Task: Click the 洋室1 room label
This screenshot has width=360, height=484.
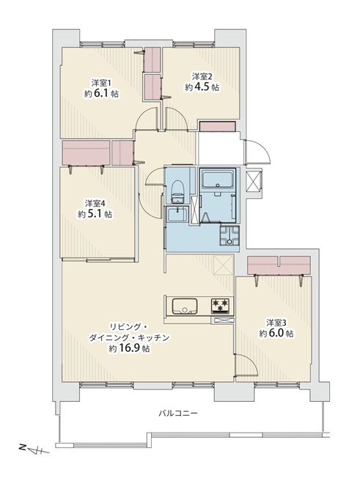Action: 101,83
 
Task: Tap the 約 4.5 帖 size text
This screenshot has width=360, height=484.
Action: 202,87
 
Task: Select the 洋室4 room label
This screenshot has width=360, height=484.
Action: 95,203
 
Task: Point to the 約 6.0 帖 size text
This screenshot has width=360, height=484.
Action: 276,334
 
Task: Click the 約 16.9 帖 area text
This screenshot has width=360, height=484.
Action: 129,348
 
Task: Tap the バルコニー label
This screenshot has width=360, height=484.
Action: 178,413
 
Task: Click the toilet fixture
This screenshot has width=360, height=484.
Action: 177,191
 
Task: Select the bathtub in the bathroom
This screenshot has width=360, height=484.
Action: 218,178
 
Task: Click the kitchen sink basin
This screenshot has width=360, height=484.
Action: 185,306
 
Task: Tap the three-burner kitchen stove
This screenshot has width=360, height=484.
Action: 221,306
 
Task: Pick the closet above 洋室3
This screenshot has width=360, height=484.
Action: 279,265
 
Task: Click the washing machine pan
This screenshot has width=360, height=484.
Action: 229,235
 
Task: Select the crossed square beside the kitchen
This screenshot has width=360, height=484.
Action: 224,265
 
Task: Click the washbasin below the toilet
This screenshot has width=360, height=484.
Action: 176,214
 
